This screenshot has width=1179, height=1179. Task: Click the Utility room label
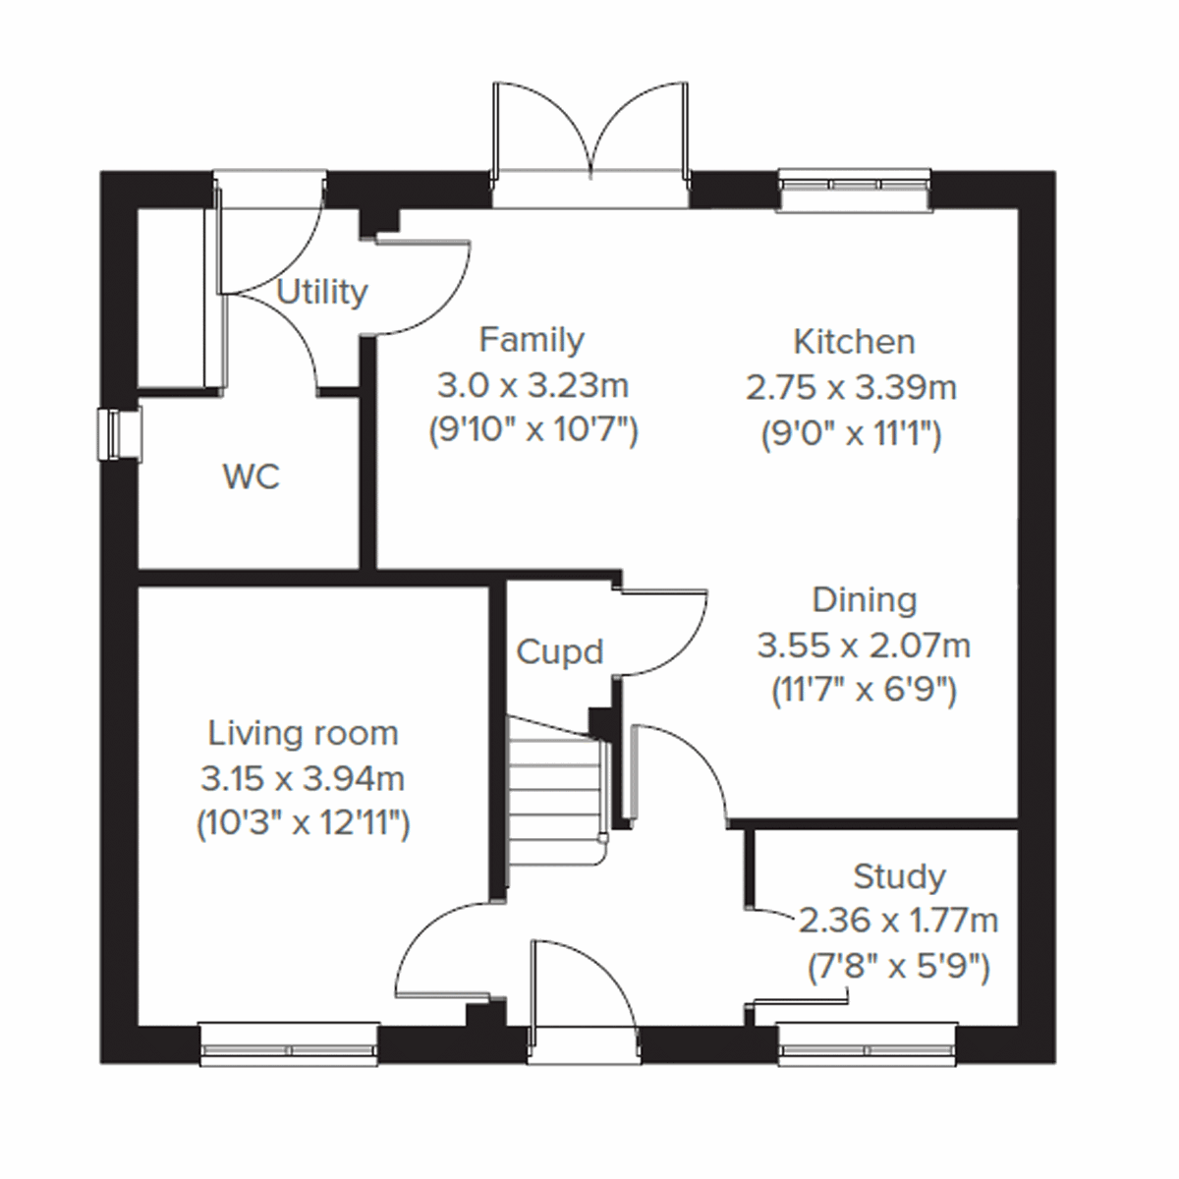321,292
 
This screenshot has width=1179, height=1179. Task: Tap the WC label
252,477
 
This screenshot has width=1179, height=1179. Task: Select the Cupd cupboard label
559,651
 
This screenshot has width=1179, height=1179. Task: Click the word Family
532,340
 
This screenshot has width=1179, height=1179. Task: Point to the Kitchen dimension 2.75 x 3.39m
851,388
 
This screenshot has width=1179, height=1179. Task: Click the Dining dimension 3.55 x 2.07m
864,646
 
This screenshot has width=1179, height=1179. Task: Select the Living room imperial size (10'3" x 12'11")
303,823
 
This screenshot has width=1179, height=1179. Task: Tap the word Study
899,875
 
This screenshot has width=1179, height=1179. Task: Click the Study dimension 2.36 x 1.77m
899,922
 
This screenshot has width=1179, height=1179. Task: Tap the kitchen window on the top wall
854,190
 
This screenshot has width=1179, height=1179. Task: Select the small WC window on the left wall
120,433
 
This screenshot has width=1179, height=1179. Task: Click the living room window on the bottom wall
289,1044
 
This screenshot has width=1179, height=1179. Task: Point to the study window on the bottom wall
866,1044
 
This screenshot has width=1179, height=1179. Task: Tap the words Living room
303,733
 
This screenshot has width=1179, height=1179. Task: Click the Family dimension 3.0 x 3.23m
532,385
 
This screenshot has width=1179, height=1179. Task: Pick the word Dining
864,600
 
